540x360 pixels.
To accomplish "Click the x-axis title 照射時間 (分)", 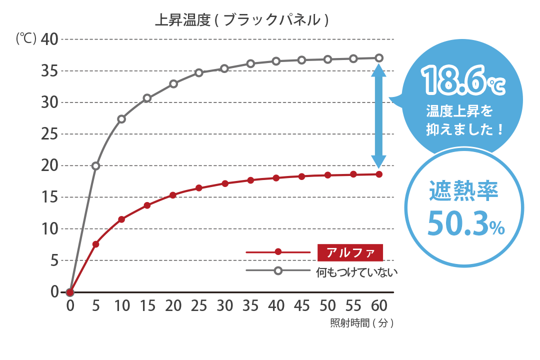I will pyautogui.click(x=362, y=323).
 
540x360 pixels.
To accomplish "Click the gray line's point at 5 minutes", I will pyautogui.click(x=96, y=165).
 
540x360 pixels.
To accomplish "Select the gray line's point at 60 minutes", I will pyautogui.click(x=379, y=58).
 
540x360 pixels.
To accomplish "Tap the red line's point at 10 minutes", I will pyautogui.click(x=121, y=219).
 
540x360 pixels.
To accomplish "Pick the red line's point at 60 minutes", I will pyautogui.click(x=379, y=174).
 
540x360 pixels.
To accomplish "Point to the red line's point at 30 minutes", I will pyautogui.click(x=224, y=183).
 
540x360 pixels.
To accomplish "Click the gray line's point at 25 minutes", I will pyautogui.click(x=199, y=72).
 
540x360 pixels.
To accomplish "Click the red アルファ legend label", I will pyautogui.click(x=350, y=252).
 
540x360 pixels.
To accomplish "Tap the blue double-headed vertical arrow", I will pyautogui.click(x=378, y=116).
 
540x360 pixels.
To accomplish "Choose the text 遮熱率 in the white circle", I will pyautogui.click(x=464, y=192).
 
